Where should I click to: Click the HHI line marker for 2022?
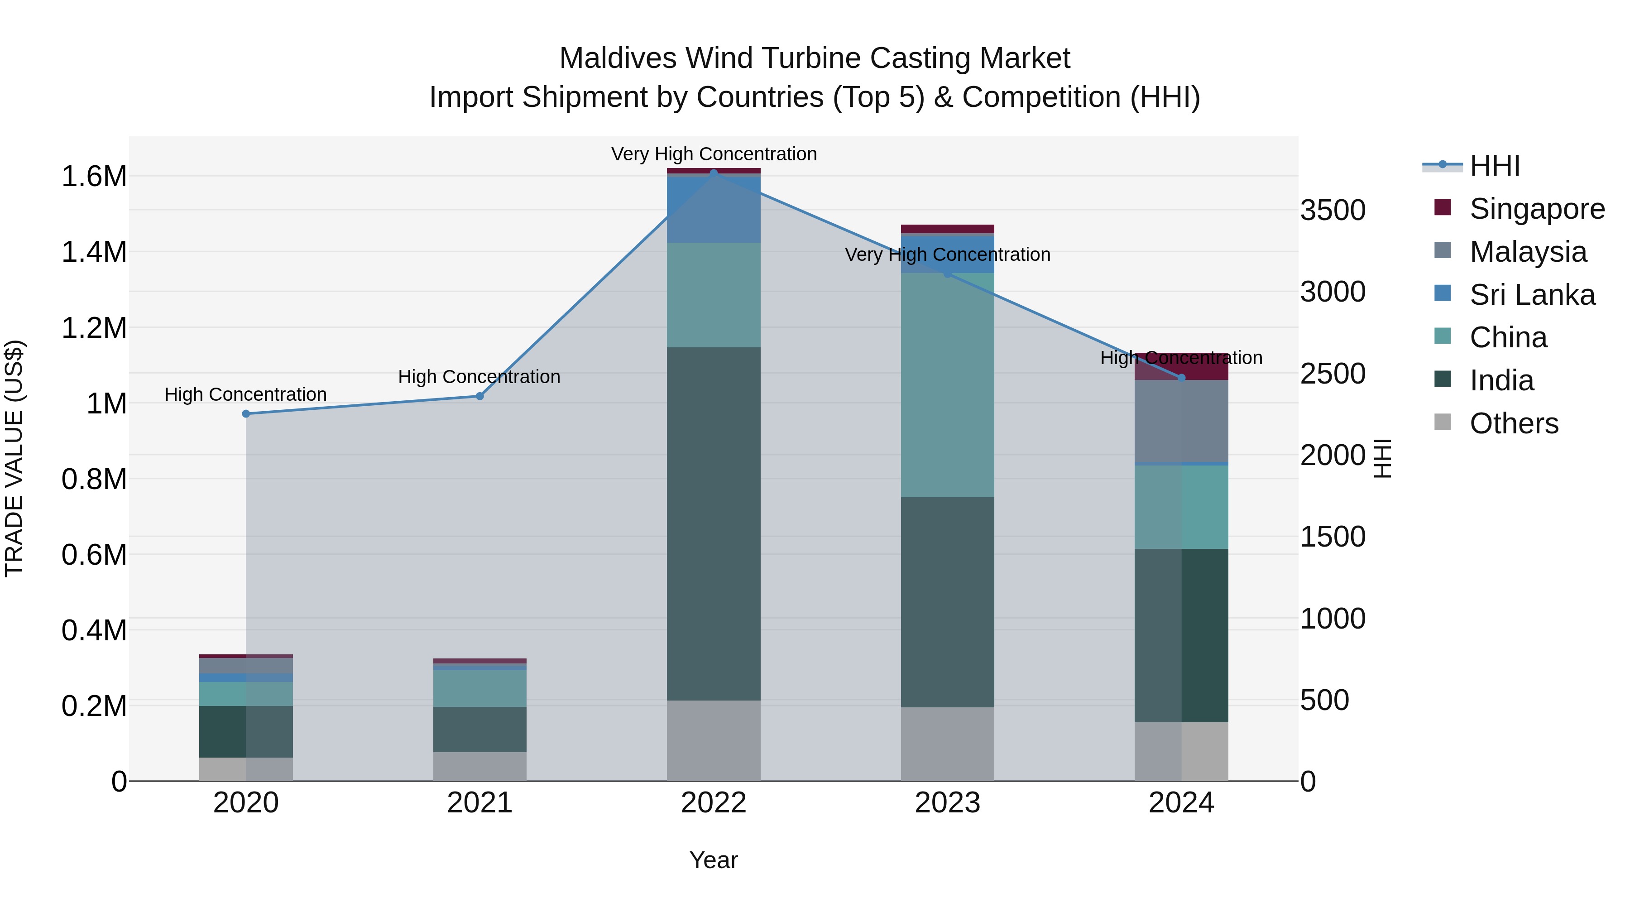[714, 173]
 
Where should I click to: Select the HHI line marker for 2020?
[246, 414]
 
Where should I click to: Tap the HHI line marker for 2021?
[479, 396]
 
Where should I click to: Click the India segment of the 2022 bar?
[714, 523]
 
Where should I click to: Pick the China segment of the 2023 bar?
[947, 385]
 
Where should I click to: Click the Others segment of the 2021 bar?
[479, 766]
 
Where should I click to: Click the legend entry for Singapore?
[1536, 209]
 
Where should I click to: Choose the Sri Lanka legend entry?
[1532, 295]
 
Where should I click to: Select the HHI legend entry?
[1494, 166]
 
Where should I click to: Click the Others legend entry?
[1514, 423]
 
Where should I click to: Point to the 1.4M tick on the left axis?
[94, 252]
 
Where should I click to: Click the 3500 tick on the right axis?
[1333, 210]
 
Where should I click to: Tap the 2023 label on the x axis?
[947, 803]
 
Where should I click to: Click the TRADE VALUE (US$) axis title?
[14, 458]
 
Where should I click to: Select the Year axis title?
[713, 860]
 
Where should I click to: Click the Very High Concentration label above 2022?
[714, 154]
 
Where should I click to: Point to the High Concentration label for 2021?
[479, 377]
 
